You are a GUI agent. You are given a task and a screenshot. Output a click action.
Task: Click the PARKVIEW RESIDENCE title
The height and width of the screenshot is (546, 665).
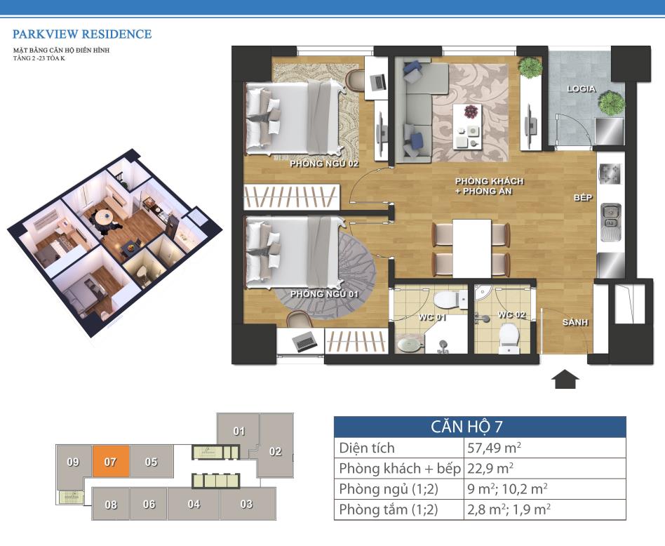(x=82, y=34)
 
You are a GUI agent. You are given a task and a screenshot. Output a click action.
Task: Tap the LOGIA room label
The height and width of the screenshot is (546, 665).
(x=582, y=89)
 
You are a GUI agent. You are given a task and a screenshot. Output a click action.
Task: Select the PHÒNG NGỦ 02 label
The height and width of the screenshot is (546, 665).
(x=325, y=164)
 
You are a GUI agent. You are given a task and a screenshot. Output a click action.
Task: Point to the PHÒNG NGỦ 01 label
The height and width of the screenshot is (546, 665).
(x=325, y=294)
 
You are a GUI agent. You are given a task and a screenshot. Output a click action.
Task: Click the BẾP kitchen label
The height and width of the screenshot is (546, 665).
(x=583, y=197)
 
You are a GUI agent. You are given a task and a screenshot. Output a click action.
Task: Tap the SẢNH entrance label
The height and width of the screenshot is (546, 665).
(x=575, y=322)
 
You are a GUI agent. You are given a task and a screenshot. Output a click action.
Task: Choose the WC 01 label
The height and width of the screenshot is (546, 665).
(x=432, y=317)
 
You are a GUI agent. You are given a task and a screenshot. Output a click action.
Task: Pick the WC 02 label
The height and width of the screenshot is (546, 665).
(x=511, y=315)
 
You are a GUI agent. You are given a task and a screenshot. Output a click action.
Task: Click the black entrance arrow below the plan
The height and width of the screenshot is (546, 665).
(x=565, y=379)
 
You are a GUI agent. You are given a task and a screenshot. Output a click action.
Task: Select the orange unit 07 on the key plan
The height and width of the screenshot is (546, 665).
(x=111, y=461)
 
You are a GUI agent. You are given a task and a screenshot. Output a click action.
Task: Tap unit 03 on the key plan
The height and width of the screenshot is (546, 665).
(x=247, y=504)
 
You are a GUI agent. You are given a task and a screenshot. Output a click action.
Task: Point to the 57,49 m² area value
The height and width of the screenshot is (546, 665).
(x=494, y=448)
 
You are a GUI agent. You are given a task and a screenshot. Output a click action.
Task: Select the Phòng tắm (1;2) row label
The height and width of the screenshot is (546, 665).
(x=389, y=509)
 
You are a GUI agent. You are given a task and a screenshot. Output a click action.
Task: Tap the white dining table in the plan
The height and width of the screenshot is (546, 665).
(x=471, y=248)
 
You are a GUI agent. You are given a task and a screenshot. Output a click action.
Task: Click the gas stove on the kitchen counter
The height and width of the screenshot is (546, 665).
(x=610, y=174)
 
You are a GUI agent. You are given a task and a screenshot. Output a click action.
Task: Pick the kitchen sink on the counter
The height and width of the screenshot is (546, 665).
(x=611, y=222)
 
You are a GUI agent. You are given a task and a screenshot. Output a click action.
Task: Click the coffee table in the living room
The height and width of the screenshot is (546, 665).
(x=468, y=126)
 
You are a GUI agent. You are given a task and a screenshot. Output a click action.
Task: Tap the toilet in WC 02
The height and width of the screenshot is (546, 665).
(x=509, y=338)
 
